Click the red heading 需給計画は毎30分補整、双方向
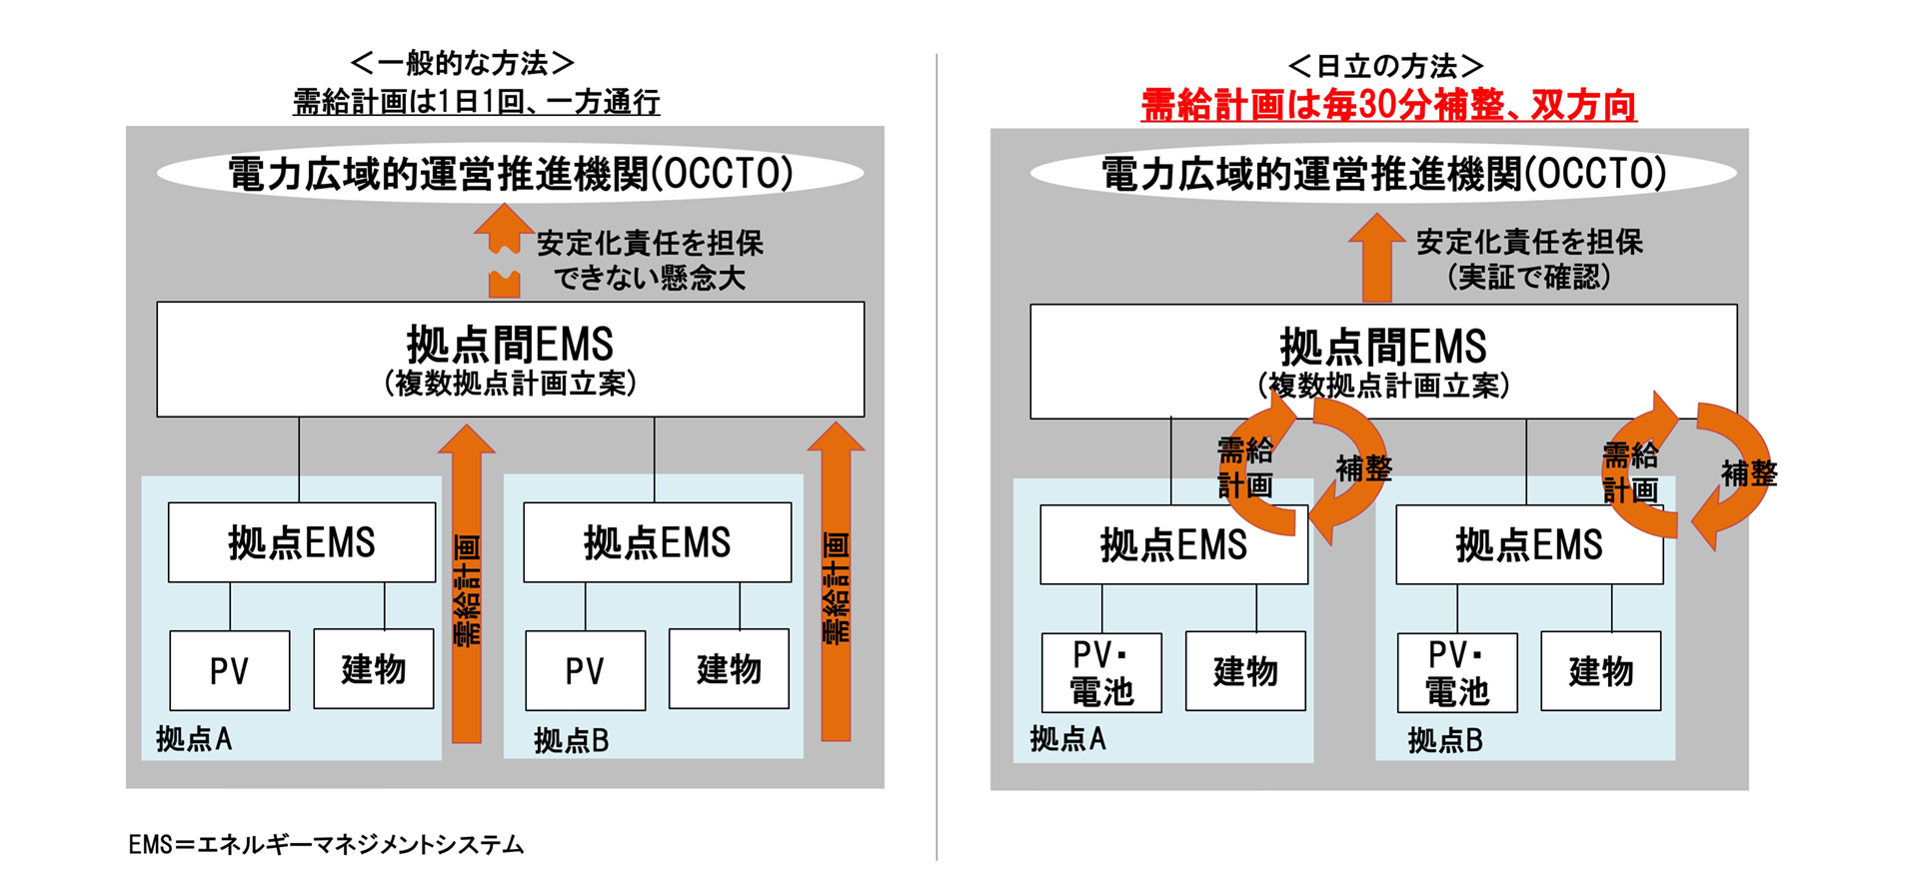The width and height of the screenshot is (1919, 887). [1388, 105]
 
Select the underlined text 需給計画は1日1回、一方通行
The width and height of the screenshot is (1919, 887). [476, 102]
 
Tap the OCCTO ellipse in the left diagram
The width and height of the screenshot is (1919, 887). [510, 173]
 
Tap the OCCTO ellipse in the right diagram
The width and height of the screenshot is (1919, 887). [1383, 173]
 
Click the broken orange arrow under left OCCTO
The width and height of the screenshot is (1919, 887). [504, 250]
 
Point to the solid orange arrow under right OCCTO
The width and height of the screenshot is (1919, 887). [1376, 258]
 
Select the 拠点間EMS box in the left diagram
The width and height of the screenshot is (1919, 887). [510, 359]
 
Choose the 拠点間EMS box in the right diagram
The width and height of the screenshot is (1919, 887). [1383, 361]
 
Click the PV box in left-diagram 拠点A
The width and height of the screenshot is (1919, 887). [229, 670]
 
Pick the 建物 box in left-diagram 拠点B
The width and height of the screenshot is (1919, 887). [729, 668]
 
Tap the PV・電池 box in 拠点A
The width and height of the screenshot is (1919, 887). [1101, 672]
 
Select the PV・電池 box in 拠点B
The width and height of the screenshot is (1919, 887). [1456, 672]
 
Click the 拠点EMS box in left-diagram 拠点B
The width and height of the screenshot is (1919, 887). [657, 542]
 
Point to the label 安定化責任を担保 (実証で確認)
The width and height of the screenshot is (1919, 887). [1529, 259]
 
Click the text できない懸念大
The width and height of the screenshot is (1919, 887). [650, 278]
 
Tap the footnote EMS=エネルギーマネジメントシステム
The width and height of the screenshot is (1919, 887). [326, 845]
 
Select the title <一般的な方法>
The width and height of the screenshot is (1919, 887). [462, 64]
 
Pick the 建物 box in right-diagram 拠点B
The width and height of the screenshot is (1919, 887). [1600, 671]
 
